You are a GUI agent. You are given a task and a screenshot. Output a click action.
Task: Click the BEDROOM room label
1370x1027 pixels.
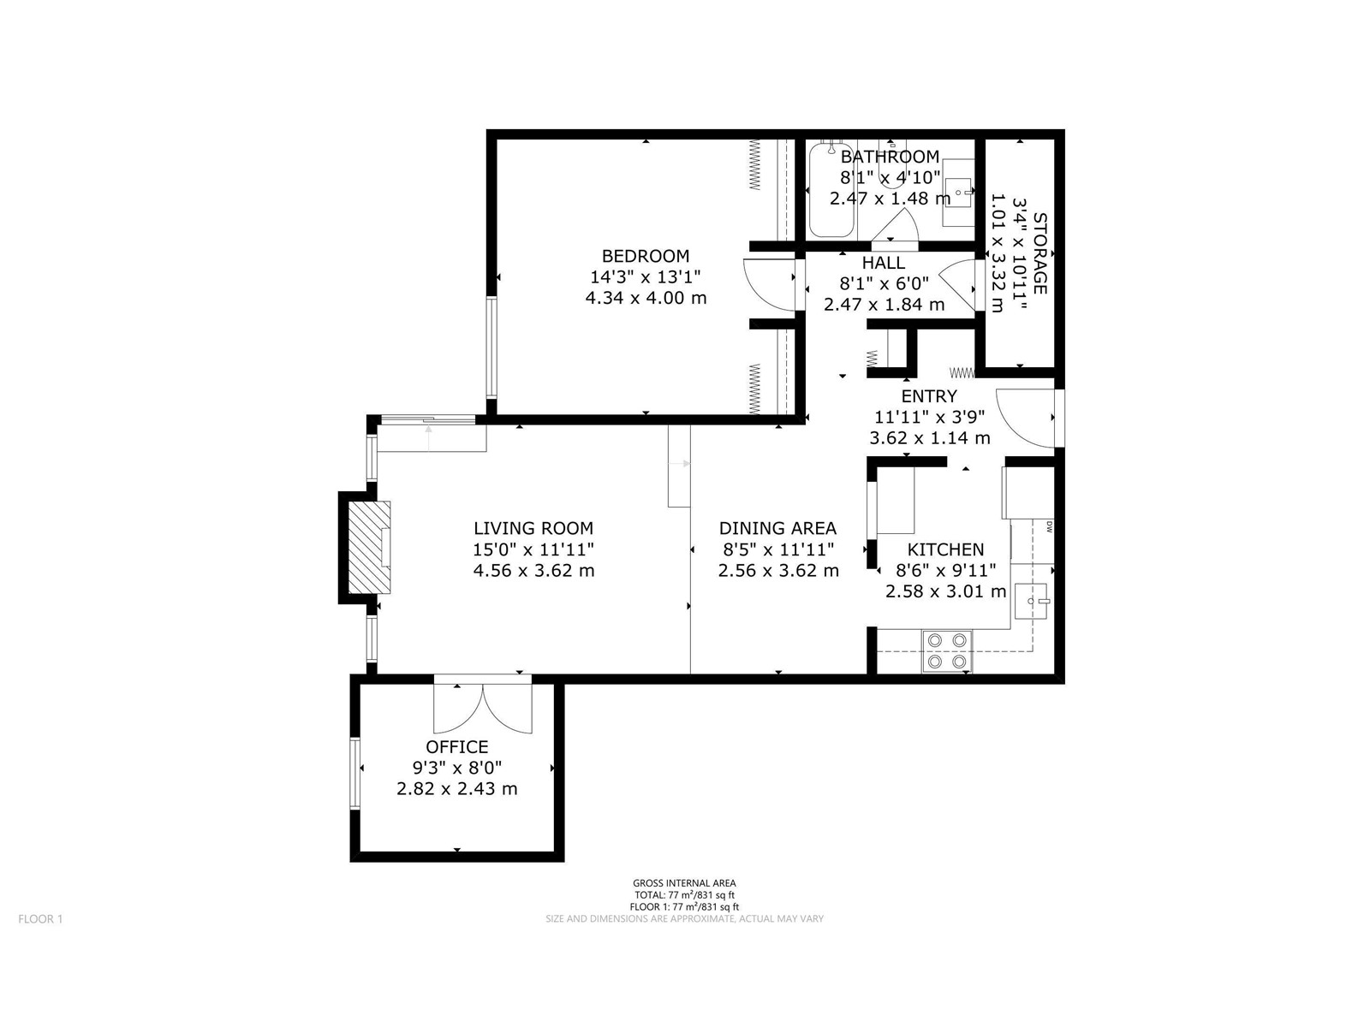(x=645, y=256)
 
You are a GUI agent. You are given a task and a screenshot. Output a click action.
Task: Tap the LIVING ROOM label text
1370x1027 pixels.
(x=533, y=528)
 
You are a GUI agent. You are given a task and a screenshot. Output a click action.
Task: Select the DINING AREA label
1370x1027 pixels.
(x=777, y=528)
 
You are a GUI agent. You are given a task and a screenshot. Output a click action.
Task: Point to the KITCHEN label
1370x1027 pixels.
(x=945, y=549)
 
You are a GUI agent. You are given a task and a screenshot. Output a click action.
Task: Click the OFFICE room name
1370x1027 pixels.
(x=457, y=746)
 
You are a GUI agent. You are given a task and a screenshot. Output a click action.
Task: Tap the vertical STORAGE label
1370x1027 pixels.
(x=1039, y=253)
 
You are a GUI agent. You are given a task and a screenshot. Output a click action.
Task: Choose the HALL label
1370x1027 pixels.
(x=883, y=263)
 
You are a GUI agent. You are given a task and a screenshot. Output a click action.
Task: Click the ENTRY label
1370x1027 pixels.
(x=929, y=396)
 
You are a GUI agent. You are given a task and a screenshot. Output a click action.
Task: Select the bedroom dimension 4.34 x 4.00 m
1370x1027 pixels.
(x=646, y=298)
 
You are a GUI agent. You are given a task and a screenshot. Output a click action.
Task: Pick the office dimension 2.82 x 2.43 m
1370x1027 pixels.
(x=457, y=789)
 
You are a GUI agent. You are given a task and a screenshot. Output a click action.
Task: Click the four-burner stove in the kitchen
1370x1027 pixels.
(x=947, y=651)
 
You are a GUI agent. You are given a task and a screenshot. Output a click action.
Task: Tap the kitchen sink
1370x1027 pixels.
(x=1030, y=601)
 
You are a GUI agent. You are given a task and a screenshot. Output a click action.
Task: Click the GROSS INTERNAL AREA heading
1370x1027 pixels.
(x=684, y=883)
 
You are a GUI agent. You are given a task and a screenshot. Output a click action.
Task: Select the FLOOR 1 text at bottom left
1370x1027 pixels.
(x=40, y=919)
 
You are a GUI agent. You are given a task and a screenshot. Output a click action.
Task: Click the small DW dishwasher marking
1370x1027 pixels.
(x=1049, y=526)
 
